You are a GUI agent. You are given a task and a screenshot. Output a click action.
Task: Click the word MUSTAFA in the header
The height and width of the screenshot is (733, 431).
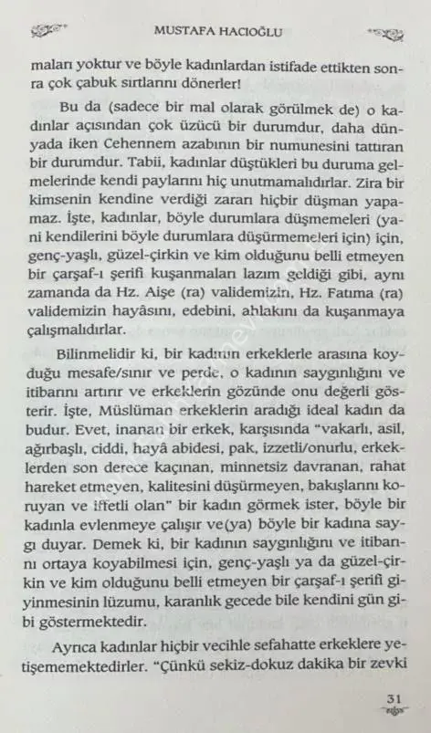(x=182, y=32)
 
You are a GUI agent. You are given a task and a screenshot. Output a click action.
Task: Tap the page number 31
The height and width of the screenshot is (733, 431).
(x=394, y=699)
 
